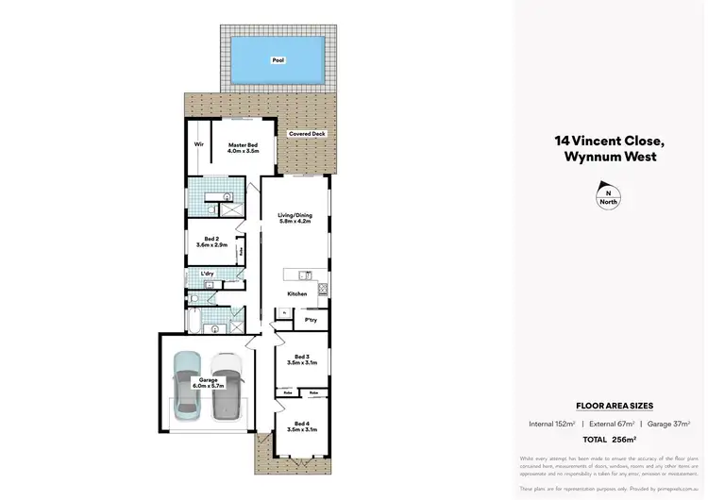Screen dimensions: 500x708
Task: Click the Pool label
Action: coord(278,60)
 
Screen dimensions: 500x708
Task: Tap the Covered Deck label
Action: coord(308,135)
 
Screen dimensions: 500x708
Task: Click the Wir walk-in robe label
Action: coord(199,144)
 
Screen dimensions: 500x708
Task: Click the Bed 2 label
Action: coord(212,241)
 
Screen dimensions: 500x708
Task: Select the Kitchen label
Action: coord(297,294)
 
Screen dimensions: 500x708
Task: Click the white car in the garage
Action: coord(227,385)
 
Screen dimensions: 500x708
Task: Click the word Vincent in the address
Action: coord(598,142)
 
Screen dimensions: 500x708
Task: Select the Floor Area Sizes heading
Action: coord(609,404)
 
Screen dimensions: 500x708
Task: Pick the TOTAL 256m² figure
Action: coord(609,440)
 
